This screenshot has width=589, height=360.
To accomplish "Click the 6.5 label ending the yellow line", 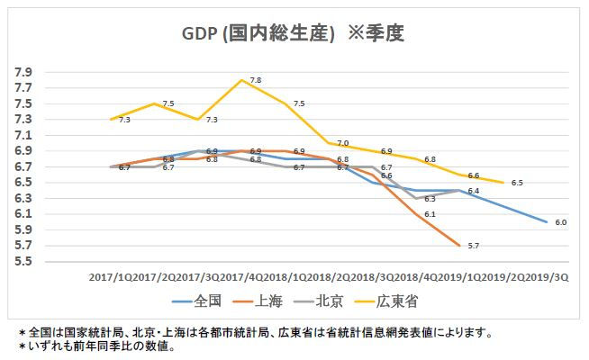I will pos(517,184).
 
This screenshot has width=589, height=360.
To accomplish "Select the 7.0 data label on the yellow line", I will pos(342,143).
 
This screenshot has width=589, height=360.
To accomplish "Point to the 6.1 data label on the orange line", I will pos(430,214).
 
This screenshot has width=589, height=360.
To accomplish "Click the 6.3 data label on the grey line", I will pos(430,198).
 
